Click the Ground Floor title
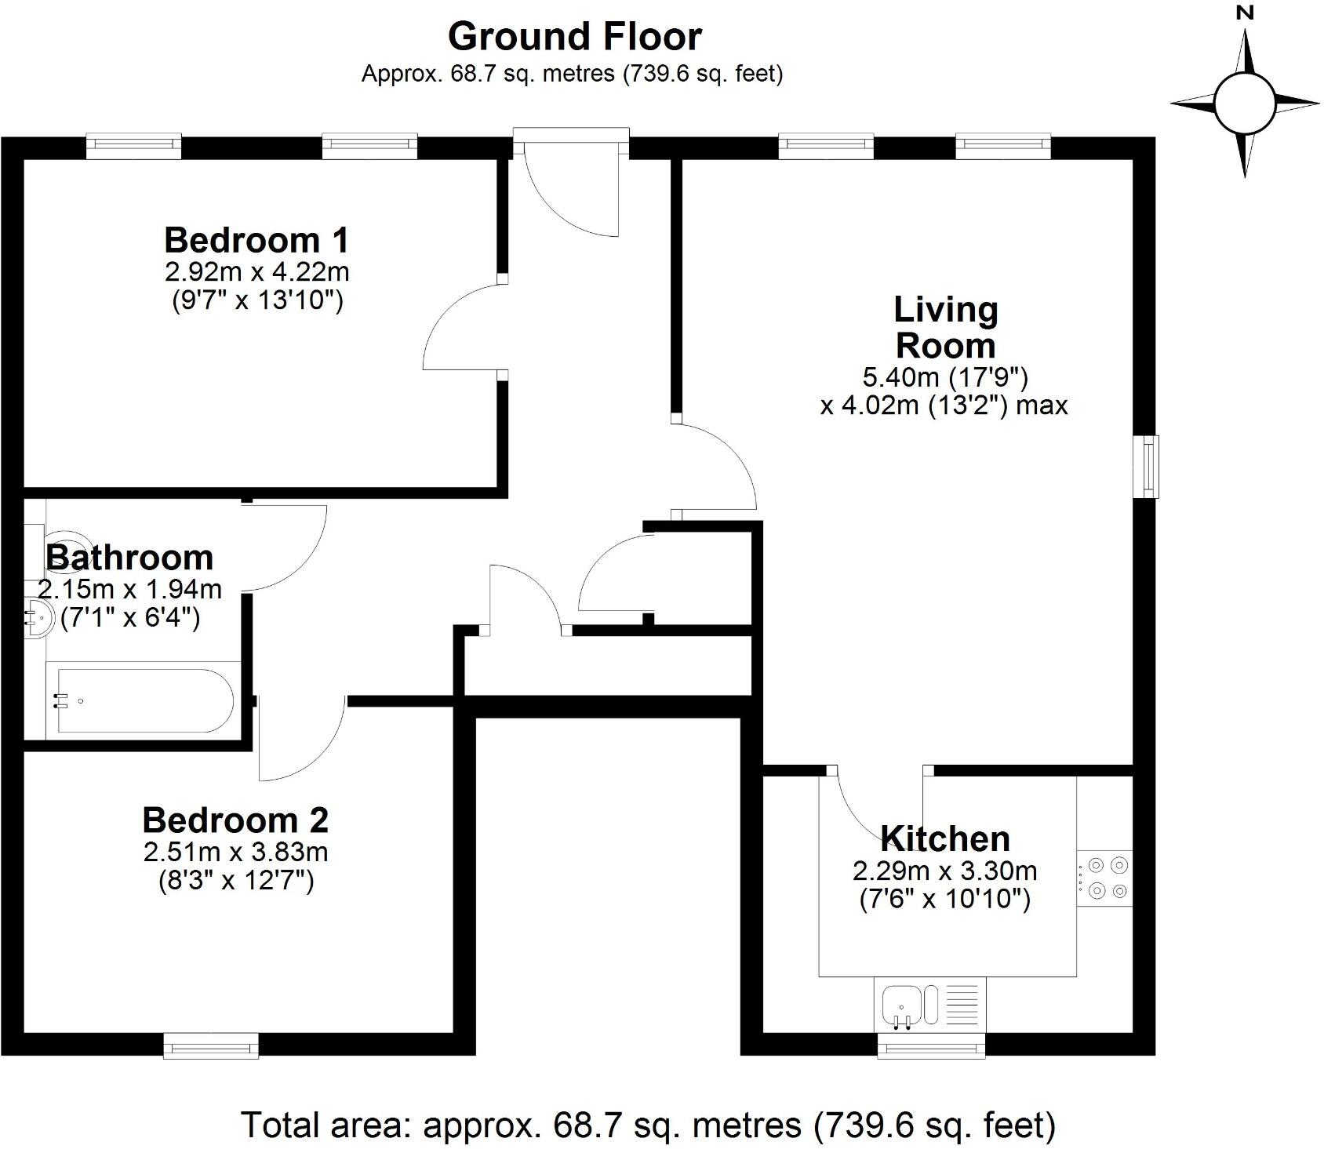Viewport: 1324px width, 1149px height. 574,37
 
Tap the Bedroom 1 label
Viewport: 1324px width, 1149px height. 256,240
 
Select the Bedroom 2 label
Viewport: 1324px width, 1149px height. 235,820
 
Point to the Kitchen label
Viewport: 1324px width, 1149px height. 945,839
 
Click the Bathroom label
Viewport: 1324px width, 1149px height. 130,558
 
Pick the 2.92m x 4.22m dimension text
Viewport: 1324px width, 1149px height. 256,272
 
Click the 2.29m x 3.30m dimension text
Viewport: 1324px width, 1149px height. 945,871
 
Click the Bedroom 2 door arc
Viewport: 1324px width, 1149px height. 302,741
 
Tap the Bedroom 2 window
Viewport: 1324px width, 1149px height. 211,1045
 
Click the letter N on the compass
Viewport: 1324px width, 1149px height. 1245,13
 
